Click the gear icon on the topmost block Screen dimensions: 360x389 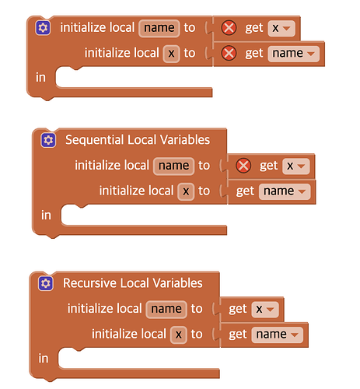click(x=43, y=27)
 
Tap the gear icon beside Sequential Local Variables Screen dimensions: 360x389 click(x=48, y=140)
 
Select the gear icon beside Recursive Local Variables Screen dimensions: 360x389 click(x=46, y=283)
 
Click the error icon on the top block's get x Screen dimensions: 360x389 click(x=229, y=28)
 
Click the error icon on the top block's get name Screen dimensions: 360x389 click(x=229, y=53)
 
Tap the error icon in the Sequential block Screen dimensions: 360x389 click(x=243, y=166)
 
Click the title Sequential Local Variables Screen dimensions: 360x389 click(x=138, y=140)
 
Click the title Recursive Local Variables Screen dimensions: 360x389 click(x=133, y=283)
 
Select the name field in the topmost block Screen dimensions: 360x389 click(x=159, y=28)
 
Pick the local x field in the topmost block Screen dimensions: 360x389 click(x=171, y=54)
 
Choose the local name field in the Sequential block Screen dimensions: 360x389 click(x=173, y=166)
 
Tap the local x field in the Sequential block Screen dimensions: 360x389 click(x=186, y=191)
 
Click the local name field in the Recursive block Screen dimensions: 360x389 click(x=166, y=309)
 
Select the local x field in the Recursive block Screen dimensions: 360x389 click(x=179, y=335)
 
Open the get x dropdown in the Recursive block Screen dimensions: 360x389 click(x=265, y=309)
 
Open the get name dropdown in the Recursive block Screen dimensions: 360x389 click(x=277, y=335)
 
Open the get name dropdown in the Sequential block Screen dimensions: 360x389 click(x=285, y=191)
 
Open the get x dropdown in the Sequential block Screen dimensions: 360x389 click(x=296, y=166)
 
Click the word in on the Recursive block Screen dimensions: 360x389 click(x=44, y=359)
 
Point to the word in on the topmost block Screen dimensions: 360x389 click(x=40, y=77)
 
